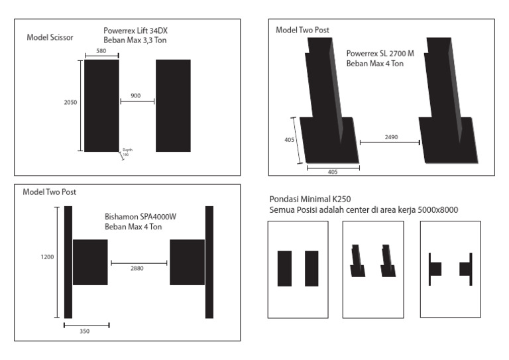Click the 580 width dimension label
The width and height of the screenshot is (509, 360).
(101, 51)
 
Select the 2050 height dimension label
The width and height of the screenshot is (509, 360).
(70, 103)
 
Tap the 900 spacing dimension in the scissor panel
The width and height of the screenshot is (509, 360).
(136, 96)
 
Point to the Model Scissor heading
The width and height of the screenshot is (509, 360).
(50, 37)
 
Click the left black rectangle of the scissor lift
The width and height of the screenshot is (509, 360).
(101, 105)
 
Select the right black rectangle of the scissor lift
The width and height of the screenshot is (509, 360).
(173, 105)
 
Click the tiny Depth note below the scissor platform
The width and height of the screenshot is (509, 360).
(127, 152)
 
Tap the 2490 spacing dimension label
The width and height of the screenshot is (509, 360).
(391, 137)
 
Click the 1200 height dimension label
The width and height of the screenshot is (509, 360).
(48, 257)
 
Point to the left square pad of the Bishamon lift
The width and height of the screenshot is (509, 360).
(90, 262)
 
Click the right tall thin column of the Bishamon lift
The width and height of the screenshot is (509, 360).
(209, 262)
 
